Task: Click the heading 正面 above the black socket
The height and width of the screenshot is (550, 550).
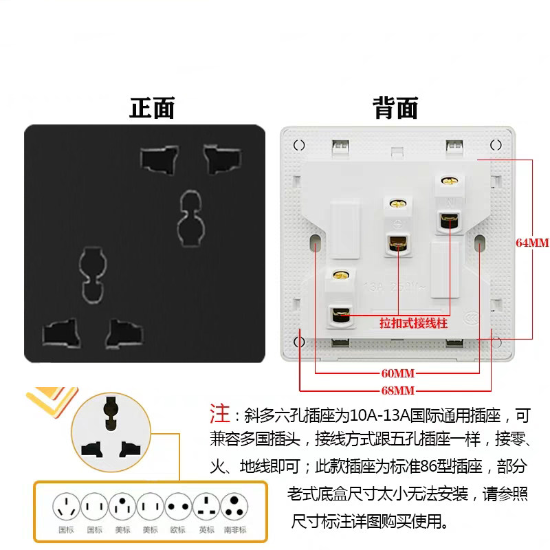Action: pos(153,108)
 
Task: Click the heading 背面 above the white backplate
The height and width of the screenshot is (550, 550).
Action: pos(395,108)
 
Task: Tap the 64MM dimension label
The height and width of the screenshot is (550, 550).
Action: pos(532,243)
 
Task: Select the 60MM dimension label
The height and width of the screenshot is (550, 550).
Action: pos(398,373)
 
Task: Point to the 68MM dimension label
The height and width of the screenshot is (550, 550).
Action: pos(398,390)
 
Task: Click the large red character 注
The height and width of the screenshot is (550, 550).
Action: pos(220,414)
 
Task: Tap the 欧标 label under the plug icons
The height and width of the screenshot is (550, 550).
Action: pos(177,529)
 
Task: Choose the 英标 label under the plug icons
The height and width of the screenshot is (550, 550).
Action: pos(206,529)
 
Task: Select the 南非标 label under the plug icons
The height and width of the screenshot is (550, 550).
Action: pos(236,529)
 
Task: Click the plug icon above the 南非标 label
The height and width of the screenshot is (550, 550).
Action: pos(236,507)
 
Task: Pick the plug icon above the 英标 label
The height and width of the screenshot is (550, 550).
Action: pos(206,507)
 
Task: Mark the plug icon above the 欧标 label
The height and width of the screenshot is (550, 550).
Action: pos(177,507)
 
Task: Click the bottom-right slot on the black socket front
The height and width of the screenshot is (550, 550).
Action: pos(124,333)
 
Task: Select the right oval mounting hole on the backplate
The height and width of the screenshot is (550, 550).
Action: pos(479,243)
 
